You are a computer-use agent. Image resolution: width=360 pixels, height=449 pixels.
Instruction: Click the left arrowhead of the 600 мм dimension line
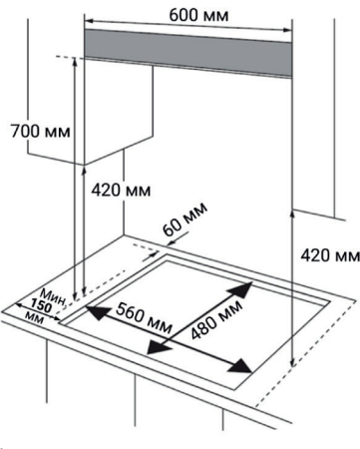click(88, 19)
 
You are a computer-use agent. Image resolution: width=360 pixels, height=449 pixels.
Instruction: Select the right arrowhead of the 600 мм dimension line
click(291, 19)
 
